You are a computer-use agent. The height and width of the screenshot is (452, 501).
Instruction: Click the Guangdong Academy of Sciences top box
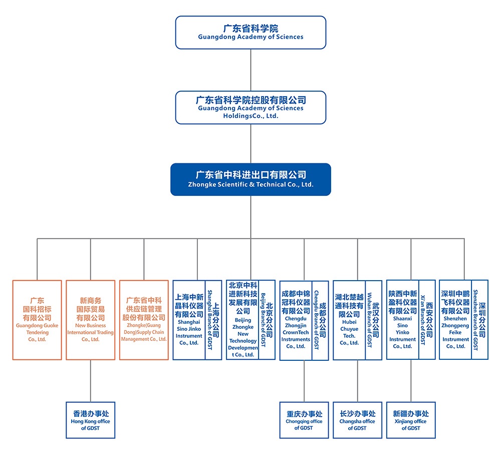(250, 33)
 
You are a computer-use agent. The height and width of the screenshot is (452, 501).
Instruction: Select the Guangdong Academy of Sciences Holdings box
(250, 107)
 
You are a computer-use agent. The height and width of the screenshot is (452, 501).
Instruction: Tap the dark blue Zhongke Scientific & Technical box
(250, 179)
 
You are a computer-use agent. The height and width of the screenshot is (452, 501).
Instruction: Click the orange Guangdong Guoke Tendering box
(37, 320)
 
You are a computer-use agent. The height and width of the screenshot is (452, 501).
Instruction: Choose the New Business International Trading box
(91, 320)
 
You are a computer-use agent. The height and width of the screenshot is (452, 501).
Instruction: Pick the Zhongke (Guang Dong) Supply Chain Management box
(144, 320)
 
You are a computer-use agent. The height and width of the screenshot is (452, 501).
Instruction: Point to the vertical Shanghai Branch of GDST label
(213, 320)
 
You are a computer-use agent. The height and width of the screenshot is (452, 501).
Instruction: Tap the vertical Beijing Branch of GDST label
(267, 320)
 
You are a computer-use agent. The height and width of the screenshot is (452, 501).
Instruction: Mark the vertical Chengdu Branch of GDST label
(320, 320)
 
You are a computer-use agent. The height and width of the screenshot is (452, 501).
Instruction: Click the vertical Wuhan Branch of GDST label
(373, 320)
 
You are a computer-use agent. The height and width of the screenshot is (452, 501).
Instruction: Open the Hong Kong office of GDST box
(91, 420)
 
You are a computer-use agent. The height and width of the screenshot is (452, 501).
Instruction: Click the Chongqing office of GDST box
(304, 420)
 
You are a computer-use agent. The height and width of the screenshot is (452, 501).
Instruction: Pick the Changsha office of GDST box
(357, 420)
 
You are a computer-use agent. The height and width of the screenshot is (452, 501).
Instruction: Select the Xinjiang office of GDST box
(411, 420)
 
